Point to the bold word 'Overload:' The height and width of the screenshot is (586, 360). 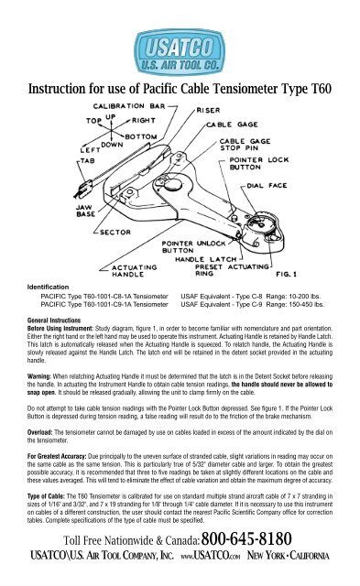point(41,448)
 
